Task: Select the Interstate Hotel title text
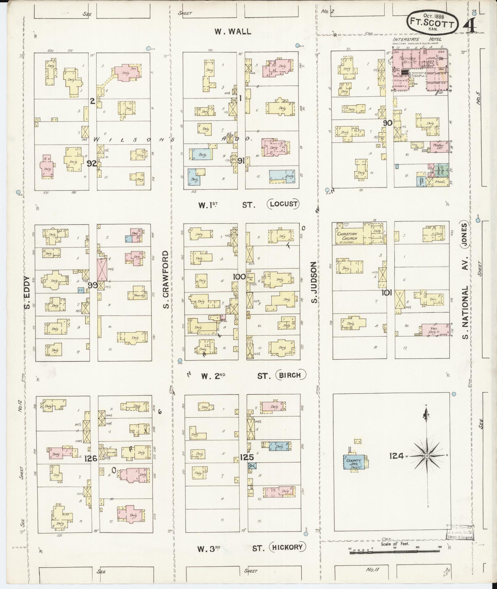(417, 39)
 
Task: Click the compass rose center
(427, 456)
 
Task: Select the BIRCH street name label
(291, 375)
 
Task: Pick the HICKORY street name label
(288, 547)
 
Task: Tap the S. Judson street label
(313, 282)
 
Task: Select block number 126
(91, 458)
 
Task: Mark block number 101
(386, 292)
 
